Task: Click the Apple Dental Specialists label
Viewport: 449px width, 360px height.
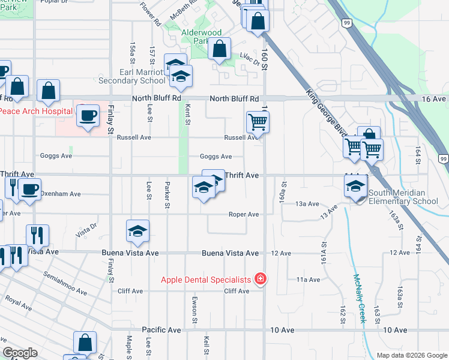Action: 205,280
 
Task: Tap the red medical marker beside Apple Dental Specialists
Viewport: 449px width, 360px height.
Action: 261,278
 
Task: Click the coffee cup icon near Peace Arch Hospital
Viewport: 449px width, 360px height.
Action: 88,115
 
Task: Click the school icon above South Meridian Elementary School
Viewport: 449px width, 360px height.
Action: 356,187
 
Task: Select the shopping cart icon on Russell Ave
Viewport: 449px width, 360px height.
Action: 258,122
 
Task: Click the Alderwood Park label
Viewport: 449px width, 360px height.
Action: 202,37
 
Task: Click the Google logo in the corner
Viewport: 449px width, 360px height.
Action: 20,353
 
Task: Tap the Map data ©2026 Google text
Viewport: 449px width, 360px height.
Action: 411,355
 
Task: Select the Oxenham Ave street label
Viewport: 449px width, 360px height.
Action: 60,194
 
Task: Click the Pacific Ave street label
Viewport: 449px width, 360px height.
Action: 161,330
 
